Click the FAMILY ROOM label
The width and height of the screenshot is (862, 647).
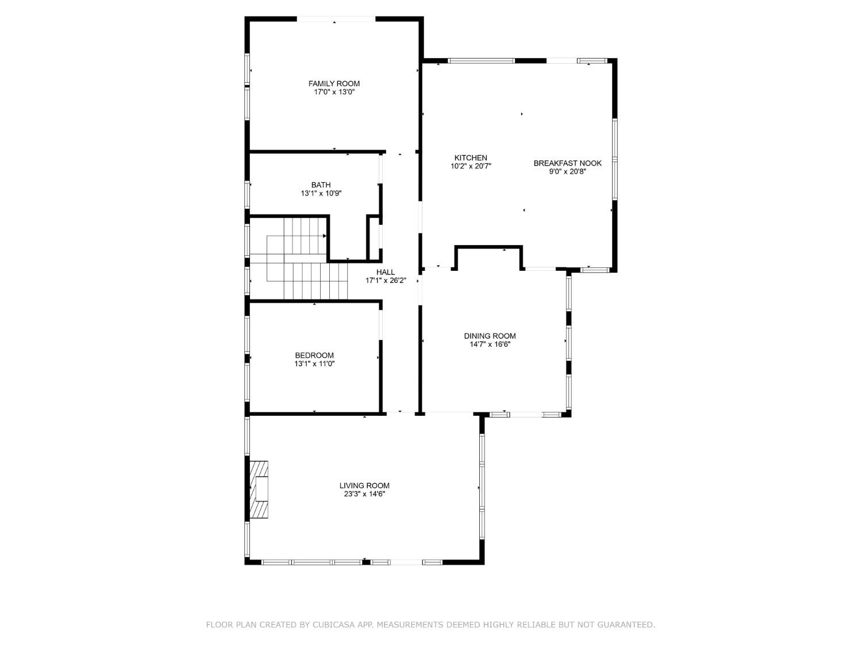[334, 83]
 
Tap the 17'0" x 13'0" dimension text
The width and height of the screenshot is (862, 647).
[334, 92]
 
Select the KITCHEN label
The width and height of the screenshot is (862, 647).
[471, 158]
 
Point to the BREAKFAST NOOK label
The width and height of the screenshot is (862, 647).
[567, 163]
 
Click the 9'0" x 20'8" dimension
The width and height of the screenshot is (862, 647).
[567, 171]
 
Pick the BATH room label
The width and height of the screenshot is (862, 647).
[321, 185]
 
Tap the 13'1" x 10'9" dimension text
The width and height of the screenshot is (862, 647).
[321, 193]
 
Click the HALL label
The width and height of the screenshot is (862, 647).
[385, 272]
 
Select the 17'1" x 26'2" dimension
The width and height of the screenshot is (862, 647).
[385, 281]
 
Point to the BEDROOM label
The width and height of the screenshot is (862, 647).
[314, 355]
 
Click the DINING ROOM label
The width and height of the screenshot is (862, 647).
[489, 336]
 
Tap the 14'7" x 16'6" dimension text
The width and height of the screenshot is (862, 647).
[489, 344]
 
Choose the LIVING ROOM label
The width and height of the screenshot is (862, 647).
[364, 485]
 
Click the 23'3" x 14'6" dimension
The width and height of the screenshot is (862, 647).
[364, 494]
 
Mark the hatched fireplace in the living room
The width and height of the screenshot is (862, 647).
[259, 489]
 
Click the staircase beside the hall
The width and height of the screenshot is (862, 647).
[298, 259]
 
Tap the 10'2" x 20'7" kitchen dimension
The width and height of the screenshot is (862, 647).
[471, 166]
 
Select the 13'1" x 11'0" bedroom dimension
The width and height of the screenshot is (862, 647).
[314, 364]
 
